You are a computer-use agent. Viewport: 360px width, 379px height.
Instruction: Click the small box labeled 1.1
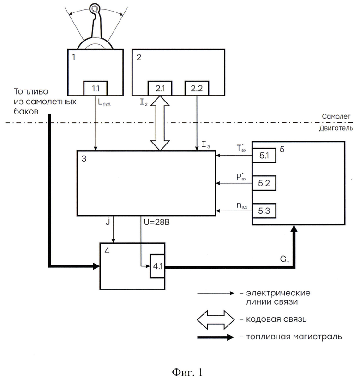coord(96,89)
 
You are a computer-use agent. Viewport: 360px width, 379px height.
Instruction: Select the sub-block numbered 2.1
coord(160,89)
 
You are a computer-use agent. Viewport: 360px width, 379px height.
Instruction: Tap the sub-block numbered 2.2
coord(197,89)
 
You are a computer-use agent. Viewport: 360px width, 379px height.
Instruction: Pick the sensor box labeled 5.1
coord(264,156)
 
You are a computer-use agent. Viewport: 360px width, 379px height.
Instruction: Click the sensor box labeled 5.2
coord(264,183)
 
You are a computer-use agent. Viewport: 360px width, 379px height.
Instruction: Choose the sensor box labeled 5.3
coord(264,211)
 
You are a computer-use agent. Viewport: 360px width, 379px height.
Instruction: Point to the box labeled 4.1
coord(157,266)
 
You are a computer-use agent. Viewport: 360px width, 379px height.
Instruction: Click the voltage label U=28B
coord(157,222)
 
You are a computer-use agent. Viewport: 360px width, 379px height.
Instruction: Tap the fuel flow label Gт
coord(285,259)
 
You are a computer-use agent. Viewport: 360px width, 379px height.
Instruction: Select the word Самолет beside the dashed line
coord(336,116)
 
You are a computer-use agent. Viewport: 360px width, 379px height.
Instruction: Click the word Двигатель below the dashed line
coord(336,128)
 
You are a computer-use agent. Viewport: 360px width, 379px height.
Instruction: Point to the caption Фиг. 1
coord(187,372)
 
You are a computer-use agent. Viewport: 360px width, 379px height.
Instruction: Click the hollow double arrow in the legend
coord(216,320)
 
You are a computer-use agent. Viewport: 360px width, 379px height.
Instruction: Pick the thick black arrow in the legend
coord(216,337)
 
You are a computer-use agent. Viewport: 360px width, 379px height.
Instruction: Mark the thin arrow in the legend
coord(216,293)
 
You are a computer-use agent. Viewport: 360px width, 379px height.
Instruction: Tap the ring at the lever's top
coord(94,9)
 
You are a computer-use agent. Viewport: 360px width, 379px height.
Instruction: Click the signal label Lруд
coord(104,102)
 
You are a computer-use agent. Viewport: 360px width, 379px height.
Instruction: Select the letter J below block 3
coord(108,222)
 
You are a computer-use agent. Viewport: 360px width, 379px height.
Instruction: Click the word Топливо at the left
coord(31,91)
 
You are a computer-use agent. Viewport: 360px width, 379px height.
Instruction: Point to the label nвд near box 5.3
coord(241,206)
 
